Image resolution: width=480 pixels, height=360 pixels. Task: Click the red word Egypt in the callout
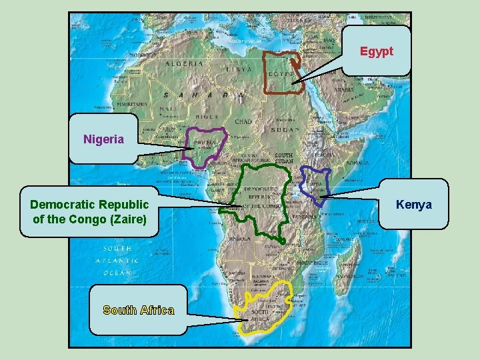[377, 51]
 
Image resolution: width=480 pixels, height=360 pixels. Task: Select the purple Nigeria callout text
[103, 139]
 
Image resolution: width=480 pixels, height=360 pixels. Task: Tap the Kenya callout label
[413, 204]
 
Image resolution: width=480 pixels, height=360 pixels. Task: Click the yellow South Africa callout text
[139, 310]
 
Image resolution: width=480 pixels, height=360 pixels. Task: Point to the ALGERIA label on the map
[185, 64]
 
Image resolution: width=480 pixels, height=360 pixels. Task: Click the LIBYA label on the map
[239, 69]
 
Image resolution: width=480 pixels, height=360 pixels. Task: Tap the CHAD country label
[243, 122]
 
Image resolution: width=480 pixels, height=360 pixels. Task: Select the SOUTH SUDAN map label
[284, 158]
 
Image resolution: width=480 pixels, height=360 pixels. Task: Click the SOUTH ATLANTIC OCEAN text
[117, 261]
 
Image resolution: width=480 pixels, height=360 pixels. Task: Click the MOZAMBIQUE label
[313, 263]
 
